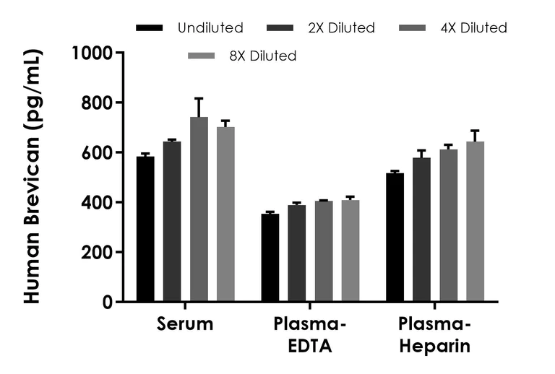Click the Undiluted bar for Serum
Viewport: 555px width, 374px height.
coord(145,229)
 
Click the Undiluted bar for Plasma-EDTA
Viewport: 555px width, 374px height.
coord(270,258)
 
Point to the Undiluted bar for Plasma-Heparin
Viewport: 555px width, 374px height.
coord(395,238)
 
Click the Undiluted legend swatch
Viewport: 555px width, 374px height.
coord(149,28)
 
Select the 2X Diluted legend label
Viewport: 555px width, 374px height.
coord(341,28)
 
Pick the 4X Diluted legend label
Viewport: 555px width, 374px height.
coord(473,28)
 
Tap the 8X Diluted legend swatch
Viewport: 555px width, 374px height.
coord(202,56)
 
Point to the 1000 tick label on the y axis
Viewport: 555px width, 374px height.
coord(93,53)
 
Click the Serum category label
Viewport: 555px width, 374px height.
coord(185,323)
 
